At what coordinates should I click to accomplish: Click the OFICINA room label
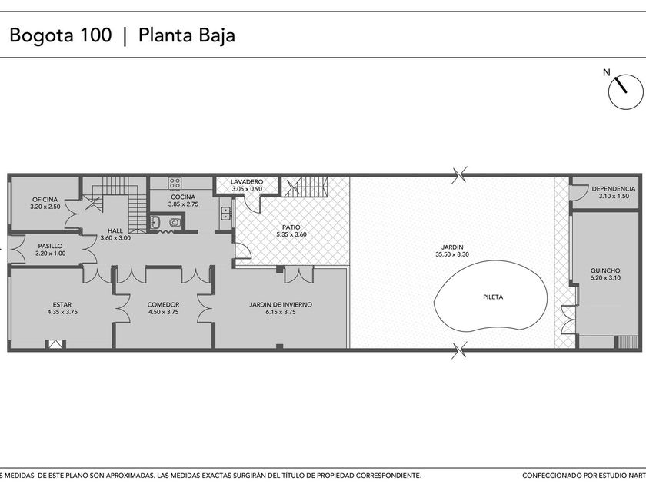click(x=45, y=200)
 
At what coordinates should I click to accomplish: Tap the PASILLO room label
click(x=50, y=246)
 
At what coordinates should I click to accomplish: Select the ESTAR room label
click(x=62, y=304)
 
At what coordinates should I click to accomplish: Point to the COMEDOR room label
click(x=164, y=304)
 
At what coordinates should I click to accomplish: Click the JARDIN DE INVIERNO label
click(x=281, y=304)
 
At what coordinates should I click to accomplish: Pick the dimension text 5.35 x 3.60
click(x=291, y=234)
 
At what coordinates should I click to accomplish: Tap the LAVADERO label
click(x=247, y=182)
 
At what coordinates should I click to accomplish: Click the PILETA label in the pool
click(x=493, y=297)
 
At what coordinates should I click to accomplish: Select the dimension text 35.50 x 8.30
click(x=452, y=254)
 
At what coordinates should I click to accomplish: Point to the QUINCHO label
click(x=605, y=270)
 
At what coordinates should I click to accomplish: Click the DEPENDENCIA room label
click(x=614, y=189)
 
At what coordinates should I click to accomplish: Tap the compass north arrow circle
click(x=625, y=91)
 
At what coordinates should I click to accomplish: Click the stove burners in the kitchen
click(x=175, y=183)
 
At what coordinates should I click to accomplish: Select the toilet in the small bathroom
click(x=175, y=223)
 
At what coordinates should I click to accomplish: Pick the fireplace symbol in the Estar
click(x=55, y=344)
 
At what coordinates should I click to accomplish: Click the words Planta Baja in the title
click(x=187, y=35)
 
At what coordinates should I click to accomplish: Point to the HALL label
click(x=115, y=231)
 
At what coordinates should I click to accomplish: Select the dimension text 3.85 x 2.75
click(x=183, y=204)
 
